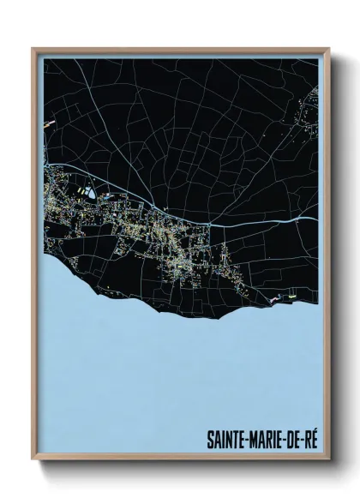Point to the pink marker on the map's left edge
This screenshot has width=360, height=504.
(50, 122)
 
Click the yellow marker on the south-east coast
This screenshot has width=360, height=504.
(294, 297)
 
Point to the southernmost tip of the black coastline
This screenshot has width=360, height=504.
(206, 316)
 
